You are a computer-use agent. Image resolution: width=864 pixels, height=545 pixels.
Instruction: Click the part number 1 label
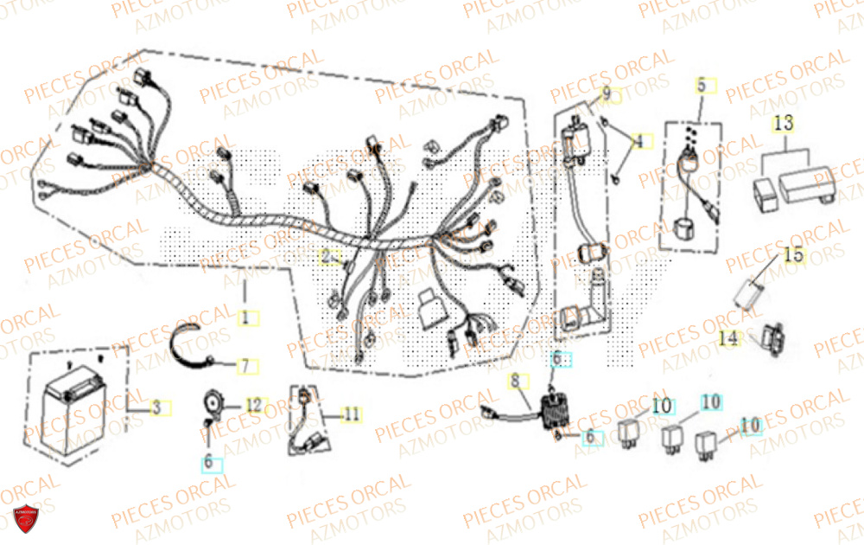pos(245,318)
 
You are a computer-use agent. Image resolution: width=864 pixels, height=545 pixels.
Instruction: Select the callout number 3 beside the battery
pos(156,407)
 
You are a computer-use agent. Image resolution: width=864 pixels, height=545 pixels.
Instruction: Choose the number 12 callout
pos(252,405)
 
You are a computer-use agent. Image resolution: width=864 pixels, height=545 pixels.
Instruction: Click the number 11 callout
pos(350,414)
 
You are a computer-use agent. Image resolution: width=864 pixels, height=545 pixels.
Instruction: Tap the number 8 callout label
pos(515,380)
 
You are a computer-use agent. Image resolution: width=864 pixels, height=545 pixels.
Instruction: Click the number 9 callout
pos(607,93)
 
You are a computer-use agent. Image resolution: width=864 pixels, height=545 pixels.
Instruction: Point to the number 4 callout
pos(638,140)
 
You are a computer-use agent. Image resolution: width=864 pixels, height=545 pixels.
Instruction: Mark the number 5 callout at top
pos(701,86)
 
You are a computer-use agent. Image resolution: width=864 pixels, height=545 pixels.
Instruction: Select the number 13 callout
pos(783,125)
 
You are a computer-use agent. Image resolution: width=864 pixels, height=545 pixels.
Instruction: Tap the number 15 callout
pos(793,255)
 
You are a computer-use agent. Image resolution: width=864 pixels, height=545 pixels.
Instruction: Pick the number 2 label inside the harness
pos(327,256)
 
